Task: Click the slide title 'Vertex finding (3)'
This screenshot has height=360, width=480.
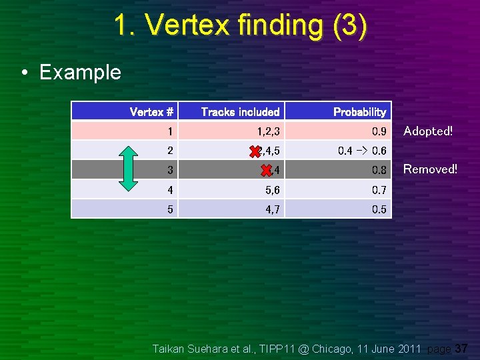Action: coord(240,25)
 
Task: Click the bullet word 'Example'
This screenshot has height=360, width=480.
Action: coord(80,72)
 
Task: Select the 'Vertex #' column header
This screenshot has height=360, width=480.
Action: coord(151,112)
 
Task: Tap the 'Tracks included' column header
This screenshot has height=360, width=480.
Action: coord(240,112)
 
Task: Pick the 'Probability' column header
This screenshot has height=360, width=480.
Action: coord(359,112)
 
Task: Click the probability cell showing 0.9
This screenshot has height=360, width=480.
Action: coord(379,131)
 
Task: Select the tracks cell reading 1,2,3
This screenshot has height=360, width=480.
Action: coord(266,131)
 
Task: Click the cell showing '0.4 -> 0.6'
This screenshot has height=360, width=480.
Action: coord(362,151)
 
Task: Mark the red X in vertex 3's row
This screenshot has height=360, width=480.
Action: coord(266,171)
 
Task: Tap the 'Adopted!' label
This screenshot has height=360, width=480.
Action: coord(428,131)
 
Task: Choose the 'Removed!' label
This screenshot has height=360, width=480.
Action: coord(430,169)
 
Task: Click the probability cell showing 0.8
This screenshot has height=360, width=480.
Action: coord(379,171)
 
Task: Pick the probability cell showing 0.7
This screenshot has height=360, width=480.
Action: coord(379,190)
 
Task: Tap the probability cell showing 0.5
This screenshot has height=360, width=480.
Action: coord(379,209)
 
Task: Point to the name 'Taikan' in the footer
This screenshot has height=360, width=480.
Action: coord(170,349)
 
